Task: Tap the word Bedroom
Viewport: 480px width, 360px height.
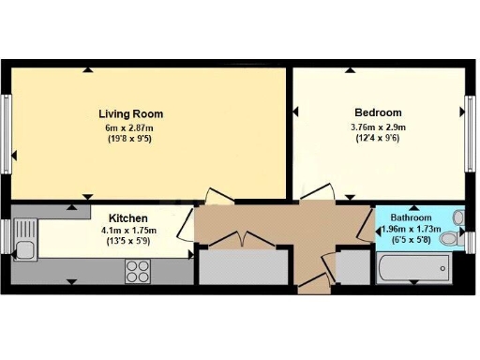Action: [x=378, y=112]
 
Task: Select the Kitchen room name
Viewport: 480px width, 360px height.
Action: [x=126, y=216]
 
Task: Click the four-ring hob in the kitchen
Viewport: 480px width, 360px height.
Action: [x=139, y=270]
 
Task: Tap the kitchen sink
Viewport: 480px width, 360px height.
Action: [x=25, y=248]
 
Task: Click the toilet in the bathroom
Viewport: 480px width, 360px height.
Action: [x=452, y=240]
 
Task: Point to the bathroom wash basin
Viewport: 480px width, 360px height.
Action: [x=458, y=217]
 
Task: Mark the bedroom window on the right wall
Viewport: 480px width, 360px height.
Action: [x=471, y=127]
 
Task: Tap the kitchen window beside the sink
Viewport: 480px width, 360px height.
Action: [x=7, y=235]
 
